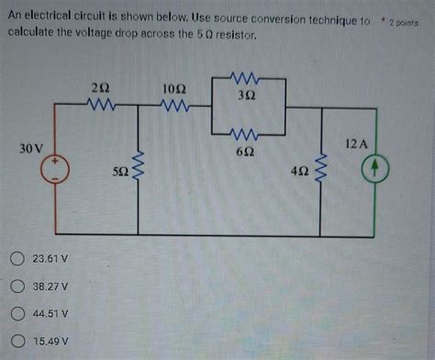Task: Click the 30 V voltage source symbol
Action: coord(56,169)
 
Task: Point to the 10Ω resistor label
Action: coord(173,87)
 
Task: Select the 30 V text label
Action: coord(30,147)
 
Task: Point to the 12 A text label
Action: coord(357,144)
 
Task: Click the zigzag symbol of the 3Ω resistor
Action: coord(249,78)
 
